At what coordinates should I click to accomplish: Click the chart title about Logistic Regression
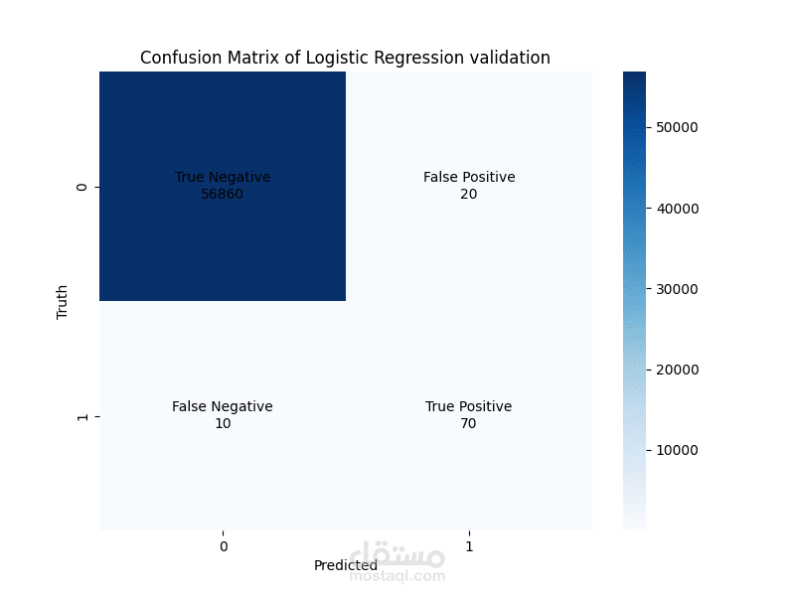click(x=345, y=58)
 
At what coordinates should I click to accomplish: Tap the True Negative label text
click(x=223, y=177)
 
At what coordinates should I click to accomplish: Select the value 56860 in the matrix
click(x=222, y=194)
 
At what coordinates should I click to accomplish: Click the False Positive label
click(x=469, y=177)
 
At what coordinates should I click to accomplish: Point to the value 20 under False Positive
click(x=469, y=194)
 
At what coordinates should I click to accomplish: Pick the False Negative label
click(x=222, y=406)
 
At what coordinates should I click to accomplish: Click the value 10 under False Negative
click(x=222, y=423)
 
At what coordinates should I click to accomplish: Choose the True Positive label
click(x=468, y=406)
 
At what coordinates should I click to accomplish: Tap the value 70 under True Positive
click(x=468, y=423)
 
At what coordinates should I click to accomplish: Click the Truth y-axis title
click(x=63, y=302)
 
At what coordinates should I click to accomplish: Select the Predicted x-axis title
click(x=346, y=565)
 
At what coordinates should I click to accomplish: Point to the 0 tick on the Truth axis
click(x=82, y=187)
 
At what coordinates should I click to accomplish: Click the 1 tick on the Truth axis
click(x=82, y=416)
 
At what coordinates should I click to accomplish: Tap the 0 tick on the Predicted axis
click(x=223, y=546)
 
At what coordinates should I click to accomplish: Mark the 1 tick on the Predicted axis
click(x=469, y=546)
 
